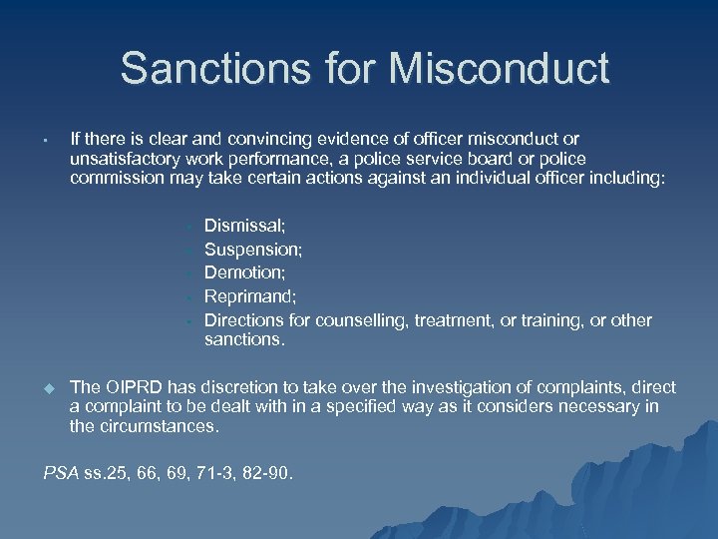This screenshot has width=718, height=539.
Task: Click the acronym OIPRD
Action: tap(132, 387)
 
